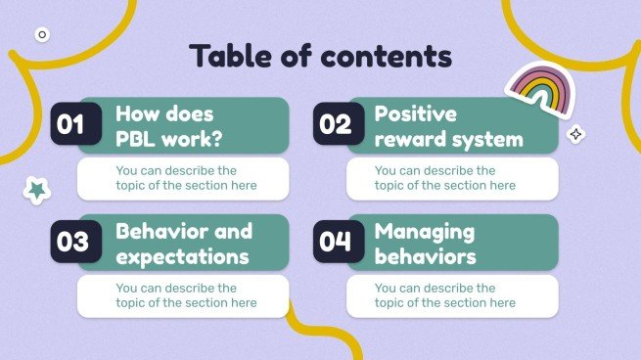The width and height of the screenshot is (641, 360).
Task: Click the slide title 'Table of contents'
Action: pos(320,56)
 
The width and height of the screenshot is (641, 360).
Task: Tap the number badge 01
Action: pos(71,125)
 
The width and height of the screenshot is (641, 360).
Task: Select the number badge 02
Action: pos(335,125)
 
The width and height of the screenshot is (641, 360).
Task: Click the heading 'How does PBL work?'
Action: pos(169,126)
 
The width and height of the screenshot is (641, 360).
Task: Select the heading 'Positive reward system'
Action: pos(448,126)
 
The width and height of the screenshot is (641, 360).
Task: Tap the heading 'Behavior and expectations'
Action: pos(183,244)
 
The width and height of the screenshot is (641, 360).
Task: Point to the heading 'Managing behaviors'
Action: pos(425,244)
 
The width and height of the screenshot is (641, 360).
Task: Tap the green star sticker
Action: pos(37,190)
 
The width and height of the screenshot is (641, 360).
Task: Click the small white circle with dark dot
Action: pos(41,34)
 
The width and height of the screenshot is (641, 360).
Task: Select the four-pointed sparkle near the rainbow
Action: pos(576,135)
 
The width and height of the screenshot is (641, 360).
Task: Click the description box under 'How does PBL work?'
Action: pos(183,178)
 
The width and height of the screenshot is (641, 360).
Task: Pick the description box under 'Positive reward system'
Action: pos(452,178)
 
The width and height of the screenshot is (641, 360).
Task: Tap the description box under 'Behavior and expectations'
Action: pos(183,295)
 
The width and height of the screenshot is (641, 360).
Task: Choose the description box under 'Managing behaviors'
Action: pos(452,295)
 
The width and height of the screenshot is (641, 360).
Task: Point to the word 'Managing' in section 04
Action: pos(425,232)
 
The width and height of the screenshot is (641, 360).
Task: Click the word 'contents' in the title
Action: pos(389,56)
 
